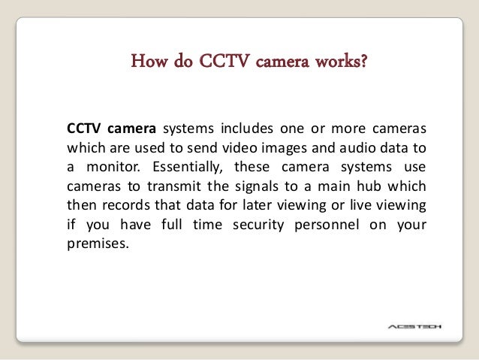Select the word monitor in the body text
(x=108, y=165)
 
